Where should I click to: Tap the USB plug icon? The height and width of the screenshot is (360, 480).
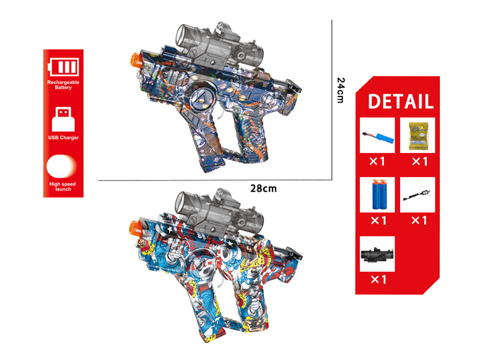pos(63,118)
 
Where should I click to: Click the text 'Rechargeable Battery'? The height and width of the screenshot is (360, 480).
pos(63,85)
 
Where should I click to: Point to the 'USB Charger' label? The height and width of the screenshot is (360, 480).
pos(63,137)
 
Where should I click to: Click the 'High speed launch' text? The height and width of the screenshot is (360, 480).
pos(63,186)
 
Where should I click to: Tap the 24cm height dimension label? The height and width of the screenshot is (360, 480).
pos(340,90)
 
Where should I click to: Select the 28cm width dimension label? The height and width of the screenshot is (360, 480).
pos(263,188)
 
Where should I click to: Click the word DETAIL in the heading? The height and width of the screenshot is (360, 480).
pos(400,101)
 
